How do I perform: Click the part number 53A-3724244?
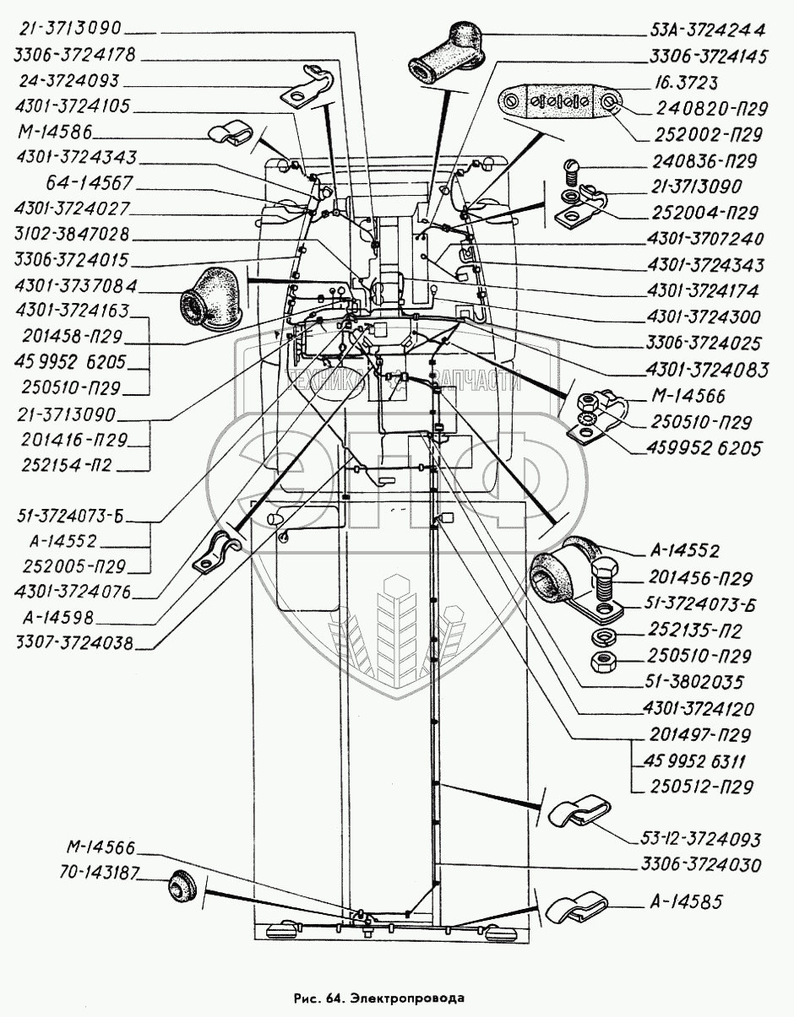pos(707,30)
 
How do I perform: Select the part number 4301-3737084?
pos(75,285)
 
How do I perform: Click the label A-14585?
pos(686,901)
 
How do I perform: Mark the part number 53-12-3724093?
pos(700,839)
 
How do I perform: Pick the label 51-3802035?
pos(694,682)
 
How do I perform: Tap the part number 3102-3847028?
pos(71,235)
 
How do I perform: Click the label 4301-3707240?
pos(705,239)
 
